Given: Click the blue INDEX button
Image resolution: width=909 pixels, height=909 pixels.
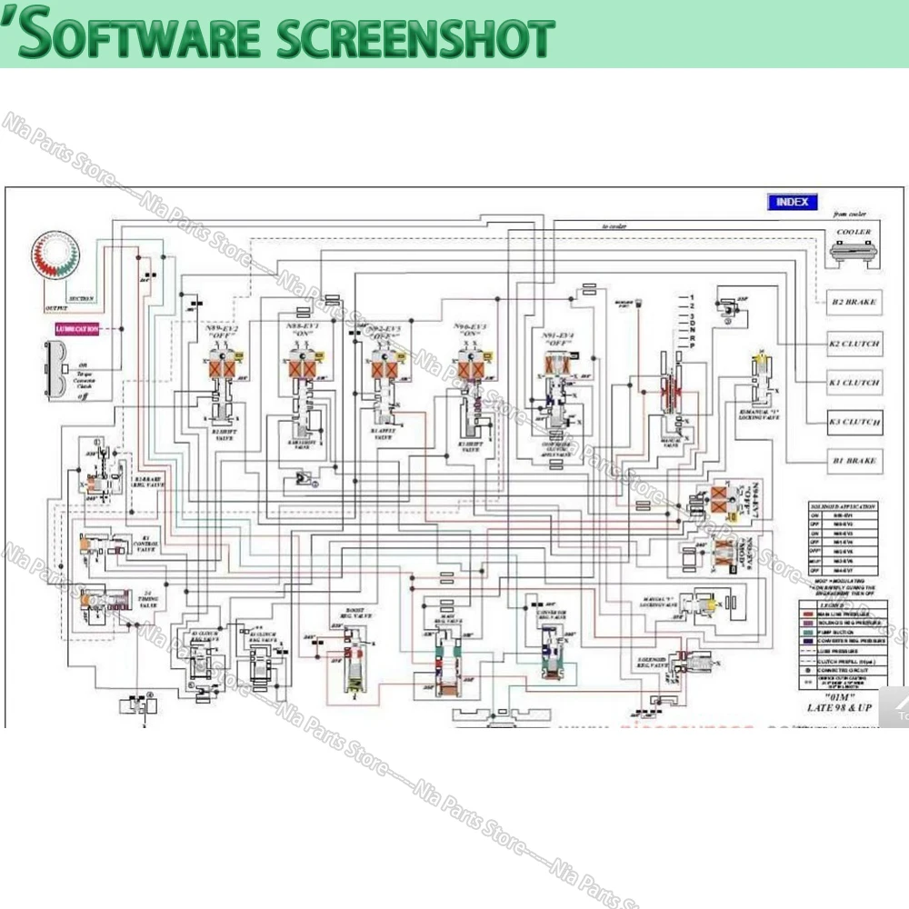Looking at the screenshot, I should point(792,202).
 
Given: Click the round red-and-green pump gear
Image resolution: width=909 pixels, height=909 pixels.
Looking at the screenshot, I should point(57,257).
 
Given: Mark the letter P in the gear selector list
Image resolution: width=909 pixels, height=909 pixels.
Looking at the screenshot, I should point(692,348).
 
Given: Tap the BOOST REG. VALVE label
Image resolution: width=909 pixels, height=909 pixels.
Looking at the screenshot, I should point(355,613).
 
